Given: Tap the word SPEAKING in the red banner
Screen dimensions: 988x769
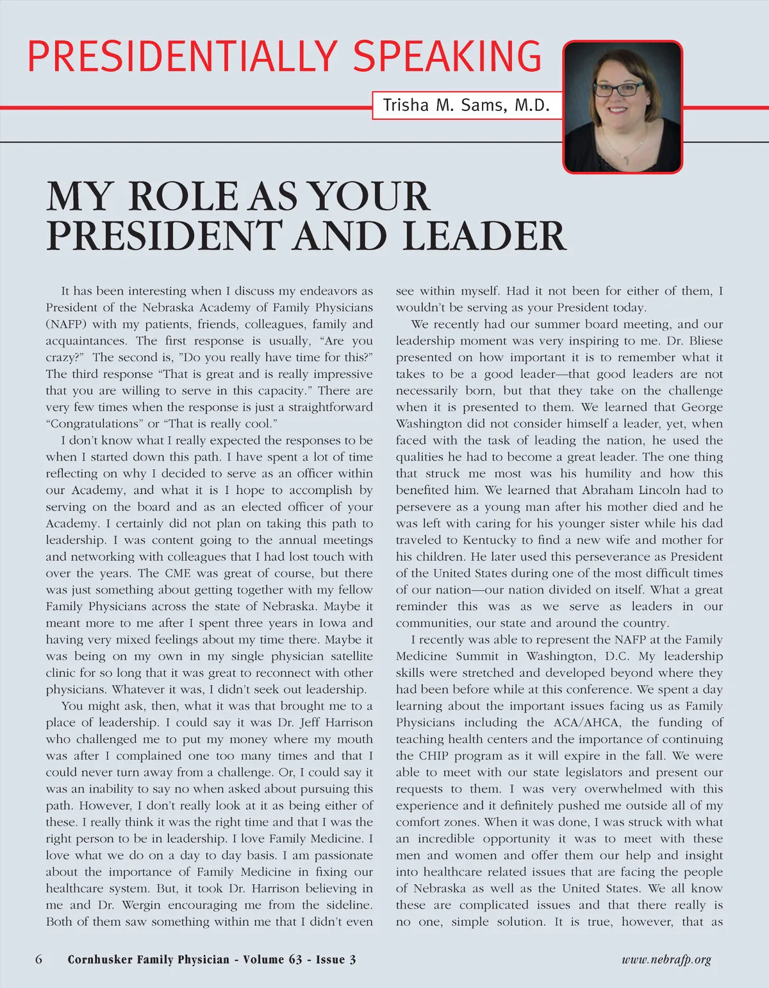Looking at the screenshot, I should tap(447, 56).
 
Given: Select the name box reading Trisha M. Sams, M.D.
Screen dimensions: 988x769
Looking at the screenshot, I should tap(466, 105).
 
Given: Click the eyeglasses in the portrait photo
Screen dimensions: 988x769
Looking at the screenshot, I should tap(619, 89).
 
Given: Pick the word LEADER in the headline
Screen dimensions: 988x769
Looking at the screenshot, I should tap(484, 236).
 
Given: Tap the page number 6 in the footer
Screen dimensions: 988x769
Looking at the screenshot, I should tap(39, 960).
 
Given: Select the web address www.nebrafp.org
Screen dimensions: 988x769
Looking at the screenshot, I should tap(666, 960).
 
